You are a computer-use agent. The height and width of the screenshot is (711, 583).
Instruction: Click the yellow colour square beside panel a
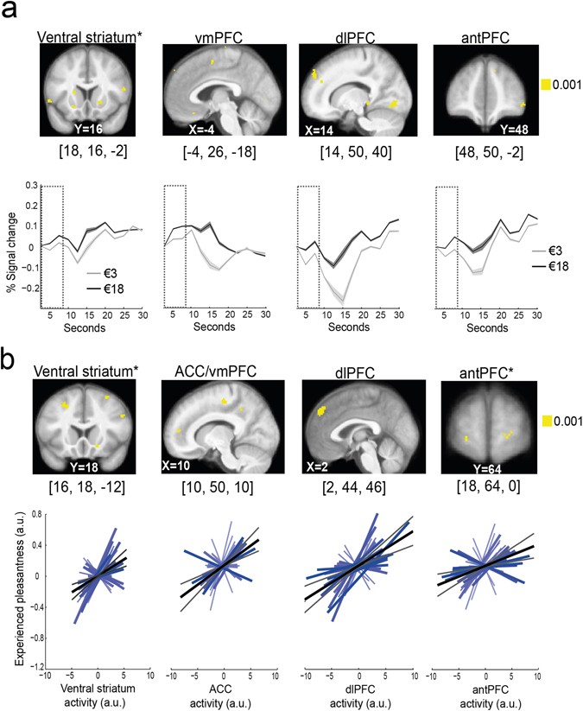point(546,85)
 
